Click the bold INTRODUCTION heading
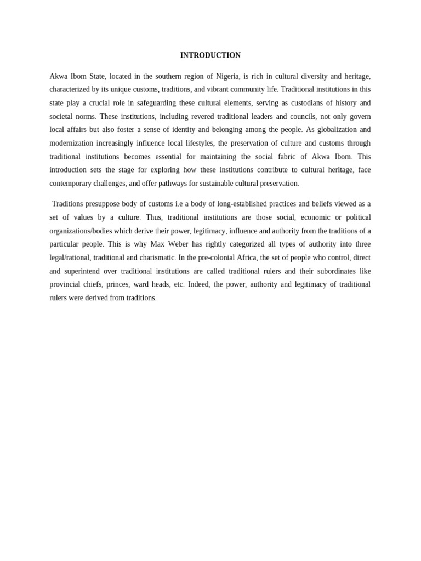point(210,55)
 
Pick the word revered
point(201,116)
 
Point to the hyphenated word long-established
point(242,204)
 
